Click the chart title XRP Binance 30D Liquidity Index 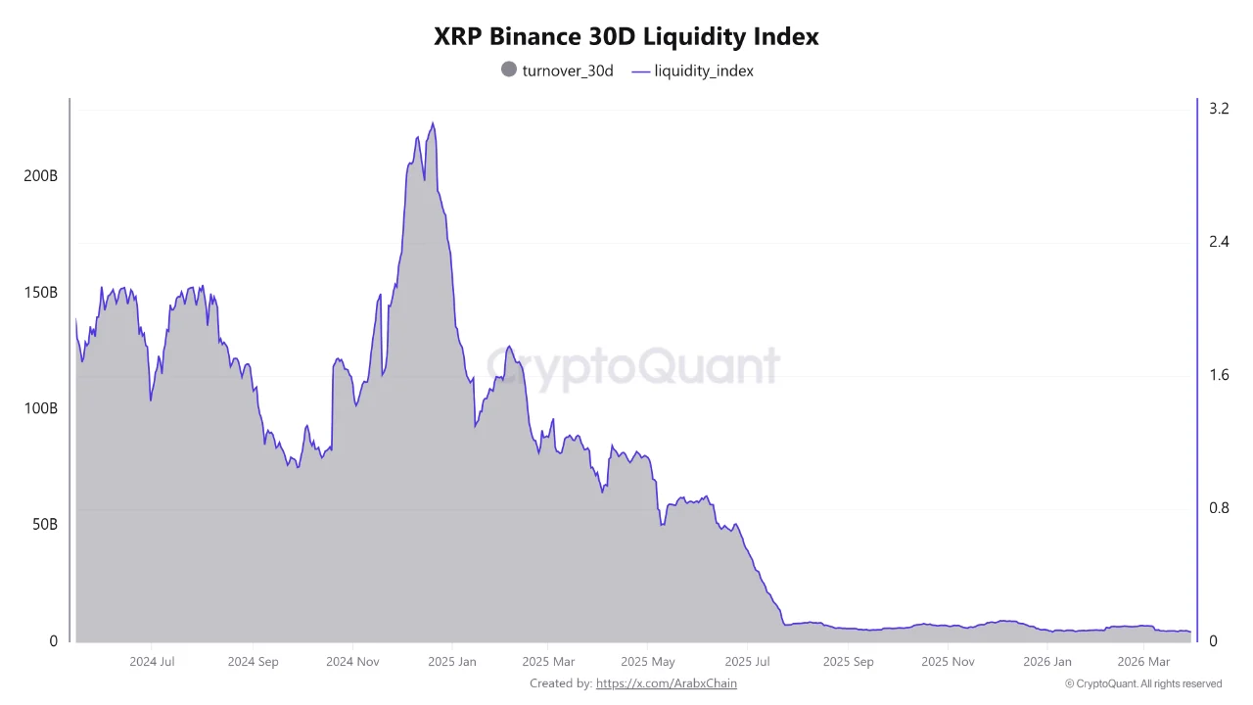[626, 37]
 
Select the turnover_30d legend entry [557, 70]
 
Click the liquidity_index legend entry [693, 70]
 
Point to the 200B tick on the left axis [40, 177]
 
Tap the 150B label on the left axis [40, 293]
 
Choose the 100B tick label [40, 408]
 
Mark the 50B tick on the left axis [43, 525]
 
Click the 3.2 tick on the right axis [1219, 109]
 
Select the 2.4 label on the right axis [1219, 242]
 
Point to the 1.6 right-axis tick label [1219, 375]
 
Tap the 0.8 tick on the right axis [1219, 508]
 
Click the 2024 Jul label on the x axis [152, 662]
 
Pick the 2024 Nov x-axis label [352, 662]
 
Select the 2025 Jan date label [452, 662]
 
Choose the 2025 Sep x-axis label [848, 662]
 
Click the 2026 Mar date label [1144, 662]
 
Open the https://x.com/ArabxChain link [666, 683]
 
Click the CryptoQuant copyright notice [1143, 683]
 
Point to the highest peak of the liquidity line [433, 123]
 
